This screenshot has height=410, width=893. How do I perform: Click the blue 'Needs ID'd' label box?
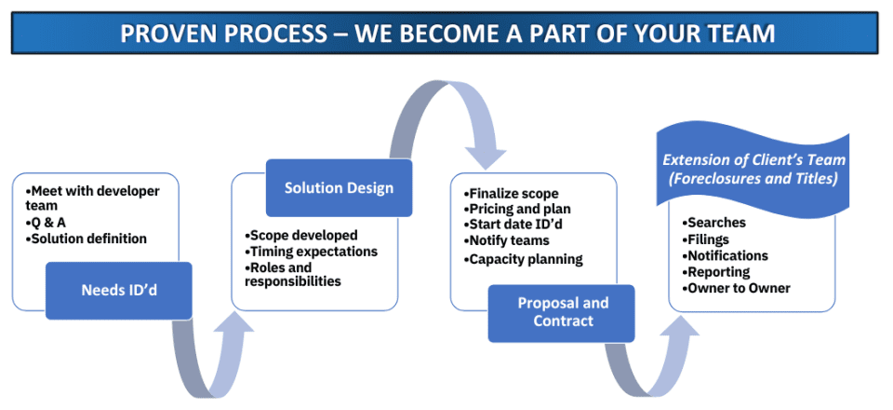[118, 290]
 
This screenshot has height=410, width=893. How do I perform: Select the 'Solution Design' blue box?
[339, 187]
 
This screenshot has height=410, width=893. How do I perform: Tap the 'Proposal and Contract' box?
[562, 313]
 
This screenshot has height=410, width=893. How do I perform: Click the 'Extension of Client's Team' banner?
[753, 170]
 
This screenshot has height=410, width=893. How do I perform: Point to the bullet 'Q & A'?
[46, 222]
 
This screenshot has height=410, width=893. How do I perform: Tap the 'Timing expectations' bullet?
[311, 251]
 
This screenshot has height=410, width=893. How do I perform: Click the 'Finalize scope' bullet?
[512, 194]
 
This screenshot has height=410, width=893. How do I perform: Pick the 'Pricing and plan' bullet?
[517, 209]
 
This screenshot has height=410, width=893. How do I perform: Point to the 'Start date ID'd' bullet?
[515, 225]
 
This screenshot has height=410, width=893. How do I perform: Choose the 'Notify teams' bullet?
[506, 240]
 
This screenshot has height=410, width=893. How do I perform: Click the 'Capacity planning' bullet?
[524, 259]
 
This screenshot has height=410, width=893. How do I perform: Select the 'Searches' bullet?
[713, 223]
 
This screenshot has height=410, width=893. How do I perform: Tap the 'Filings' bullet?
[705, 239]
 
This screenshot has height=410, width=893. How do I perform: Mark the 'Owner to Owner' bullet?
[737, 288]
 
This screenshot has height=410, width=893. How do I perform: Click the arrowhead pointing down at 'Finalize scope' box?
[486, 157]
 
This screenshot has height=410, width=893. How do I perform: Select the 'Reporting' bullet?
[716, 272]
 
